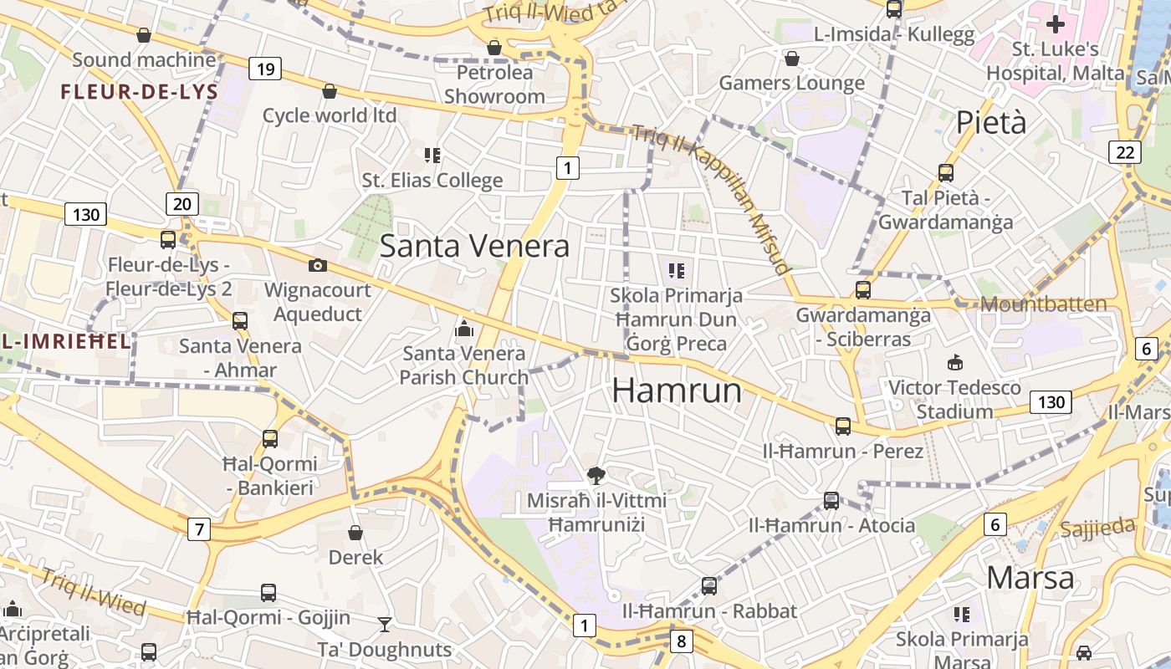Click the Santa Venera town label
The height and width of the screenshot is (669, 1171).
point(474,246)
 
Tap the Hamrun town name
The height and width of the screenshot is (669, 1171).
point(677,391)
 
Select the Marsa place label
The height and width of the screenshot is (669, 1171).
point(1030,578)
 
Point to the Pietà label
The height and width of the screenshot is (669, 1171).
point(991,123)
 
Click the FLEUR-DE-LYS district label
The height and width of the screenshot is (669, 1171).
point(139,92)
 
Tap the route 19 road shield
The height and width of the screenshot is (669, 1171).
point(264,69)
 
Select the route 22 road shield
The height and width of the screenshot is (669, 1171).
point(1125,151)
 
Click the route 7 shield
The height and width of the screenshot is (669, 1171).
point(198,529)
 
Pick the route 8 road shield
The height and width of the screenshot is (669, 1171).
point(682,641)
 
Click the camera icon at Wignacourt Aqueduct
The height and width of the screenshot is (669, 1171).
point(317,265)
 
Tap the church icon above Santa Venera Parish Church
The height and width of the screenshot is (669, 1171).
point(464,329)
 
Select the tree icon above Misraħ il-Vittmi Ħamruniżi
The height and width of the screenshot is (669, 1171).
point(596,476)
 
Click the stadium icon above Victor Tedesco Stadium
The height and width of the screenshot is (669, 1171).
point(954,362)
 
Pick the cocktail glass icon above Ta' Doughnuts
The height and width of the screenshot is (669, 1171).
point(384,624)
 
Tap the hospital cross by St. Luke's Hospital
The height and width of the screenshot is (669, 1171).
point(1056,23)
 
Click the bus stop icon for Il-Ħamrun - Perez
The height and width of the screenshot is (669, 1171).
point(842,426)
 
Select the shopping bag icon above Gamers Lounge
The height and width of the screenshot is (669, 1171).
point(791,59)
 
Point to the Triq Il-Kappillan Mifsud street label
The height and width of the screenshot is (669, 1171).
point(711,197)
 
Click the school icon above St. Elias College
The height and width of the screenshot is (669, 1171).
point(432,155)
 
